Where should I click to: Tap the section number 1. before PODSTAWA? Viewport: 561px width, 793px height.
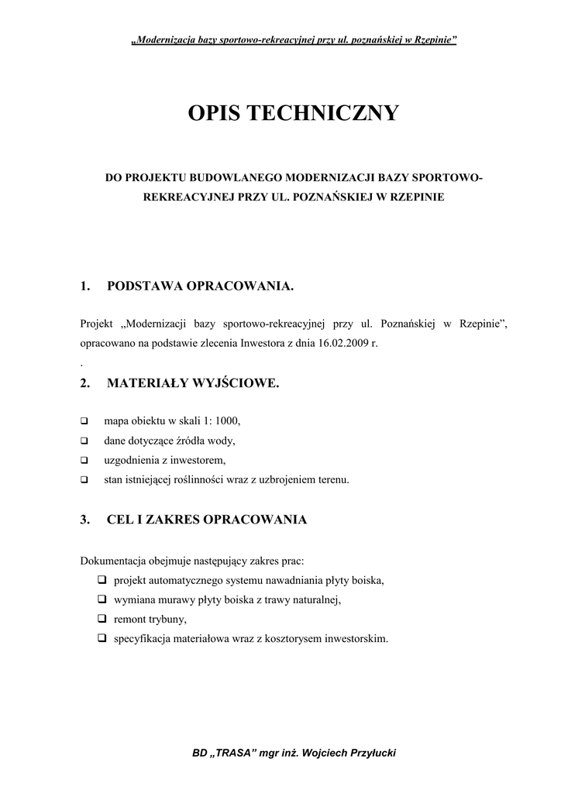coord(85,287)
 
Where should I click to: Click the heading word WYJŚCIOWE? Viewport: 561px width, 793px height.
coord(236,383)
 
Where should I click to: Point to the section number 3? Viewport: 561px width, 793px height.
coord(85,520)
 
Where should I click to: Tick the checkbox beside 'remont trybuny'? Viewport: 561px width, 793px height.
coord(102,620)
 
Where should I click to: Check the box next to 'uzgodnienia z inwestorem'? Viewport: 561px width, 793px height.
coord(84,460)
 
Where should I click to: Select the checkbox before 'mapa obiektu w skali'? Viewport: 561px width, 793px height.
coord(84,421)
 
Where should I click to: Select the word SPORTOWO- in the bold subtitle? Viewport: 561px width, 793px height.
coord(447,178)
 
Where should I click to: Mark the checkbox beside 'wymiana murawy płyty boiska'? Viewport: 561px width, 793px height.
coord(102,599)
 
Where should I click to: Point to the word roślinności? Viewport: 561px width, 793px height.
coord(206,480)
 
